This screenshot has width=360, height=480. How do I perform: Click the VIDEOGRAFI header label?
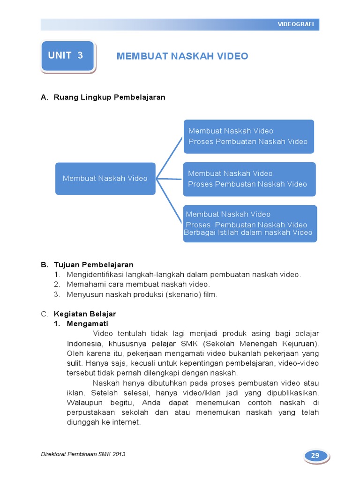coord(295,24)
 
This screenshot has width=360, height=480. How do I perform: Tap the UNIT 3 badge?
coord(67,56)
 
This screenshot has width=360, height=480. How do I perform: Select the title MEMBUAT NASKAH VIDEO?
coord(182,56)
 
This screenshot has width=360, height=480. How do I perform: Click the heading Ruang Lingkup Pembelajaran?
coord(109,97)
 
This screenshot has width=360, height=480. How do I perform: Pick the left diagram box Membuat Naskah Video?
coord(105,178)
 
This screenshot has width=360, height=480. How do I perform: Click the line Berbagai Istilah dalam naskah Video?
coord(248,232)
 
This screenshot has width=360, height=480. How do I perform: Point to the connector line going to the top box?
coord(169,157)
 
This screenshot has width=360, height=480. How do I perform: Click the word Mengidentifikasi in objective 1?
coord(93,275)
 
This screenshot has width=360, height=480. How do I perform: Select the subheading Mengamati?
coord(87,324)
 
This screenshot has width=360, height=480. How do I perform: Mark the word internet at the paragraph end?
coord(126,422)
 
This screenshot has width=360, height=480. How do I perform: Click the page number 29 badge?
coord(315,456)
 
